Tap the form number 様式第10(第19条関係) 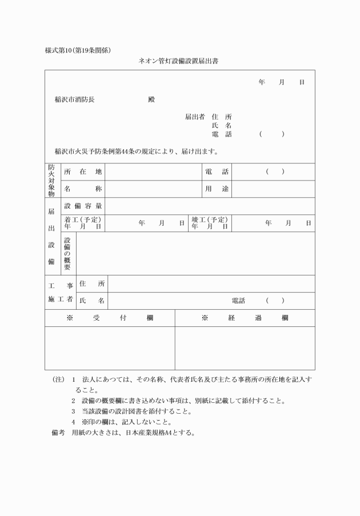point(78,50)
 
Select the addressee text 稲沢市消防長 point(74,99)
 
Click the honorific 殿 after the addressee point(151,99)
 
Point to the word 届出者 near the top point(194,117)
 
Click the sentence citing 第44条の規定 point(136,152)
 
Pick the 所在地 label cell point(83,172)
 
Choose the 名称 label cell point(83,189)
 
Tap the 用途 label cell point(217,189)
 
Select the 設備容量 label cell point(83,206)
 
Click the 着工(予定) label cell point(83,223)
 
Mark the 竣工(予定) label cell point(210,223)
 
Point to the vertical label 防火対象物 point(52,180)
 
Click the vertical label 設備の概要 point(67,253)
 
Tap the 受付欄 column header point(110,318)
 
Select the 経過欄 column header point(245,318)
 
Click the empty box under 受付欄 point(110,348)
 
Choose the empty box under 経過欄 point(245,348)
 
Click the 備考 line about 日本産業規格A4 point(123,433)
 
